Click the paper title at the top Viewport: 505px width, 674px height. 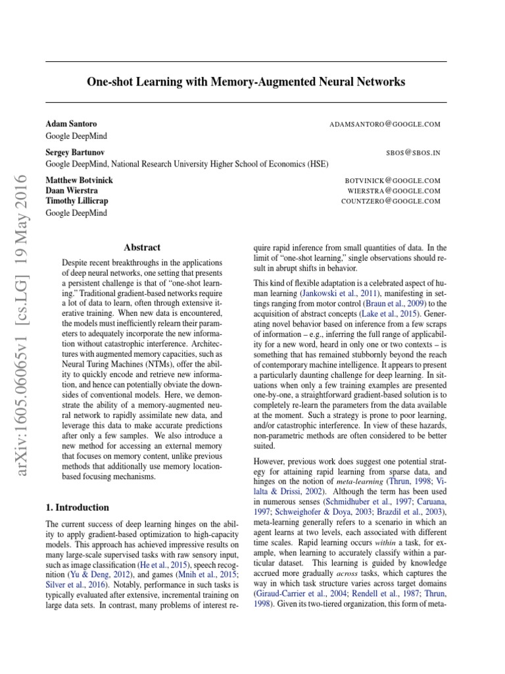[x=247, y=82]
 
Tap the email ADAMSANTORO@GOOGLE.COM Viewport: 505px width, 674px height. [x=385, y=124]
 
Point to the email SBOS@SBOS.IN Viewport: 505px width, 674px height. [x=414, y=152]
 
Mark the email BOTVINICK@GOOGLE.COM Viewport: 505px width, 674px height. [x=392, y=180]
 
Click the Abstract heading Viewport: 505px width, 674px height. [x=141, y=247]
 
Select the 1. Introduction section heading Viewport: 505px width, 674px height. [x=78, y=507]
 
